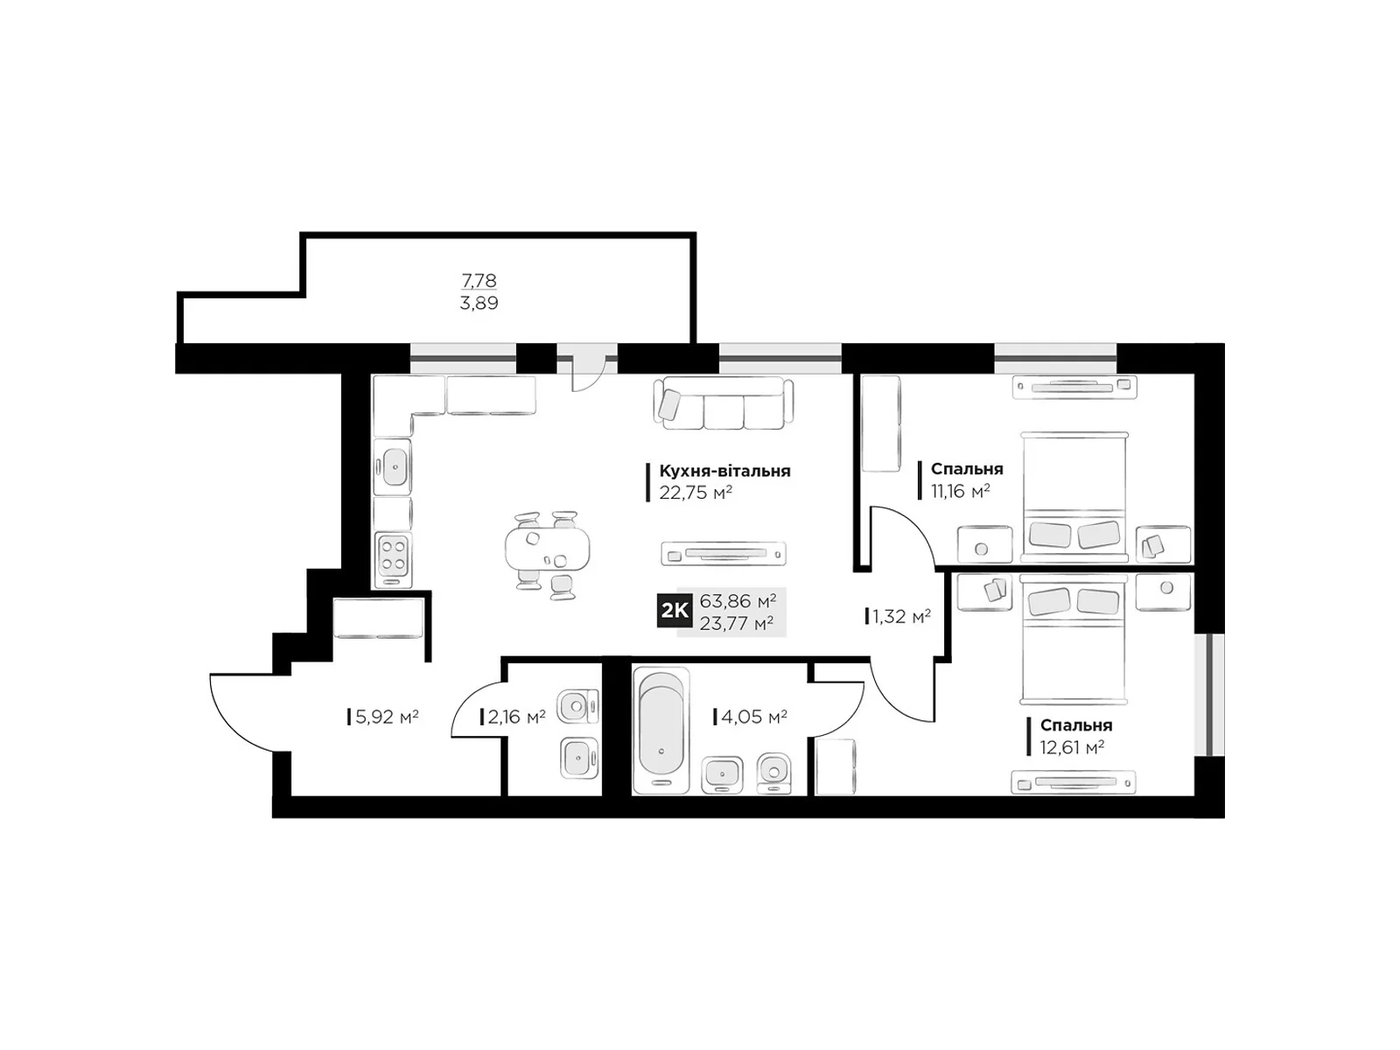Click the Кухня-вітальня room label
(x=724, y=471)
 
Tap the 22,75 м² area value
(x=696, y=492)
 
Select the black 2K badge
(x=674, y=611)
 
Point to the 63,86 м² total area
(x=738, y=600)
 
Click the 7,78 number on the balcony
(x=479, y=280)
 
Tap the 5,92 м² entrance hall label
(x=387, y=717)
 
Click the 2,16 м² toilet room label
(x=516, y=717)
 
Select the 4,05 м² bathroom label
(x=754, y=717)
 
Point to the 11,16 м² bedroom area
(x=961, y=490)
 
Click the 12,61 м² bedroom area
(x=1072, y=746)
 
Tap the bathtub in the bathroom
(x=661, y=731)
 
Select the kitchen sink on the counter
(x=392, y=466)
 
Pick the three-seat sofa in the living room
(x=724, y=402)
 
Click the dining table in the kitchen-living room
(x=547, y=549)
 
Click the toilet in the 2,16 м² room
(x=577, y=707)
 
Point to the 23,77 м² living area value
(x=737, y=622)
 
